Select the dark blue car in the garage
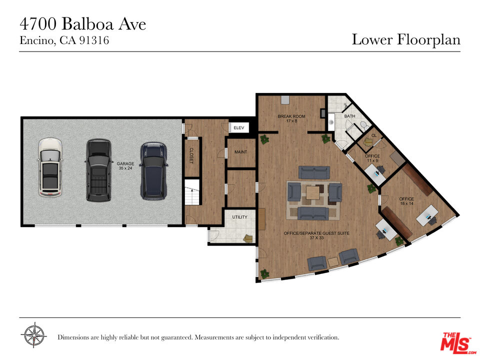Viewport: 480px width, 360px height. pyautogui.click(x=153, y=170)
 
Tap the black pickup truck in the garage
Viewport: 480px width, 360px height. pyautogui.click(x=98, y=170)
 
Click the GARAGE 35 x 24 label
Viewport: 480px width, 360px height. pyautogui.click(x=125, y=165)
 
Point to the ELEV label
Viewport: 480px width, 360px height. pyautogui.click(x=239, y=128)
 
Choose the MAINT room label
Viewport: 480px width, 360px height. pyautogui.click(x=240, y=152)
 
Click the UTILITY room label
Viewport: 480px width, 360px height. pyautogui.click(x=240, y=217)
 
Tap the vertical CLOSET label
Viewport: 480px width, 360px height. pyautogui.click(x=191, y=155)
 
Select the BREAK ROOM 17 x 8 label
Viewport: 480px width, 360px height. pyautogui.click(x=291, y=118)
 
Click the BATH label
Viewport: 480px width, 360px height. pyautogui.click(x=349, y=116)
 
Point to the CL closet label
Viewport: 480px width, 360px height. pyautogui.click(x=374, y=135)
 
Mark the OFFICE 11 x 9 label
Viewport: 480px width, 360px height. pyautogui.click(x=372, y=158)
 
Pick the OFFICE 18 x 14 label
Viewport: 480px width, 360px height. pyautogui.click(x=406, y=201)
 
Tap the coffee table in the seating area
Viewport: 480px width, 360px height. pyautogui.click(x=313, y=192)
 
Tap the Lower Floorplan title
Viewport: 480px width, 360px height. pyautogui.click(x=405, y=39)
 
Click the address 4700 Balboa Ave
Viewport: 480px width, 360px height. pyautogui.click(x=82, y=24)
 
